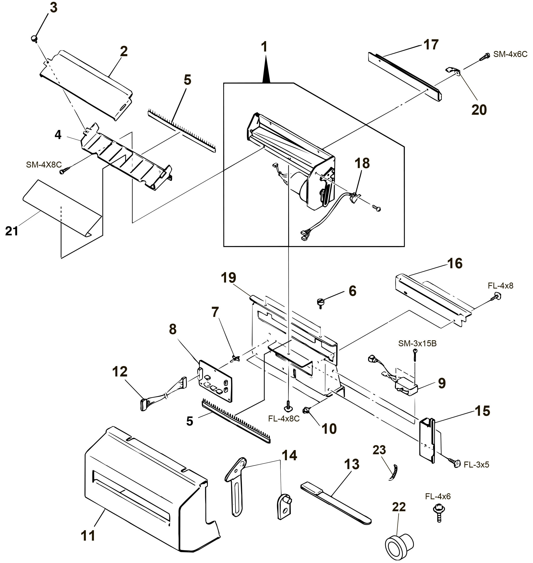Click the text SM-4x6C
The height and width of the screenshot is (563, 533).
click(510, 54)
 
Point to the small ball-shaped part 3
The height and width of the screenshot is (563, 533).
click(35, 38)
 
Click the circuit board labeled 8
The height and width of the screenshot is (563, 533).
click(215, 381)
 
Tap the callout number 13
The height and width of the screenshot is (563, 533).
click(351, 464)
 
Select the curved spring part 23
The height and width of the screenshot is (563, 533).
click(394, 472)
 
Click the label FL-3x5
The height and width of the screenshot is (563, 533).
click(477, 464)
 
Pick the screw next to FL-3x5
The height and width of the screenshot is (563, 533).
click(455, 463)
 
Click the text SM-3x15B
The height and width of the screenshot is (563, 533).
click(417, 343)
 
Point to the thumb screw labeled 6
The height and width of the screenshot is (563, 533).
click(320, 302)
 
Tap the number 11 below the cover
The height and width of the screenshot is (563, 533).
click(88, 535)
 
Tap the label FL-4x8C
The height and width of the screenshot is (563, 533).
click(284, 419)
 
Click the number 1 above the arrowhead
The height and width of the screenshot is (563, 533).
click(264, 47)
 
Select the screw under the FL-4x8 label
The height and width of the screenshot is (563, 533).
click(496, 297)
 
